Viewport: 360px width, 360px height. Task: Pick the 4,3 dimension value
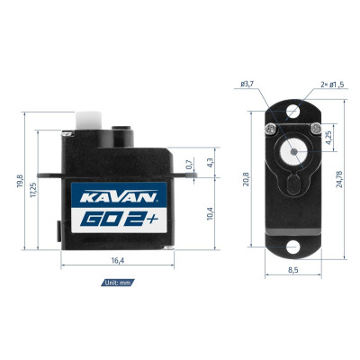click(209, 163)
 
